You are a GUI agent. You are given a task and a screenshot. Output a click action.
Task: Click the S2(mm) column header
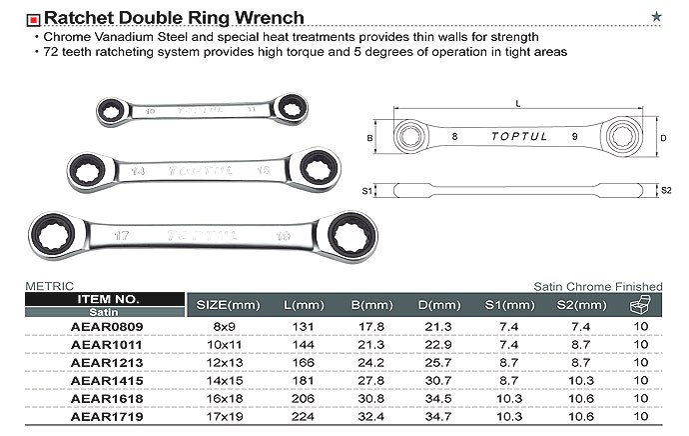click(x=580, y=304)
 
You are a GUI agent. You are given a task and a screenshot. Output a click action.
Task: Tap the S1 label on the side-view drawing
click(x=366, y=190)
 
